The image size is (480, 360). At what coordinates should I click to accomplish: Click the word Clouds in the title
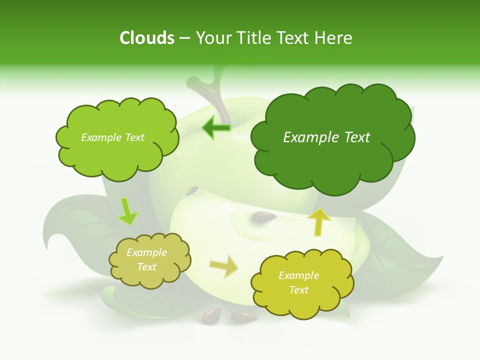tap(147, 38)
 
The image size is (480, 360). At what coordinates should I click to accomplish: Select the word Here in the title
tap(334, 38)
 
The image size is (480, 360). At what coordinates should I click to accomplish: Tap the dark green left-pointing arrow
tap(216, 128)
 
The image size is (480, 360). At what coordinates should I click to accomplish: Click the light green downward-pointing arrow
tap(127, 211)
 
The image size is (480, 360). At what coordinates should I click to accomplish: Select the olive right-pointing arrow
tap(223, 266)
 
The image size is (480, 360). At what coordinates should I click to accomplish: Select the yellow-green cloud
tap(302, 300)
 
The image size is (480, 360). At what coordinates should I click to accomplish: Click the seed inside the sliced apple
tap(263, 216)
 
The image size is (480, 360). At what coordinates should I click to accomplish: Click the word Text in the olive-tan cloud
tap(147, 267)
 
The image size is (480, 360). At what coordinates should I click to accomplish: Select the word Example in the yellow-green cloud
tap(298, 275)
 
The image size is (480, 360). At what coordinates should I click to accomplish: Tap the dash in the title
tap(184, 38)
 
